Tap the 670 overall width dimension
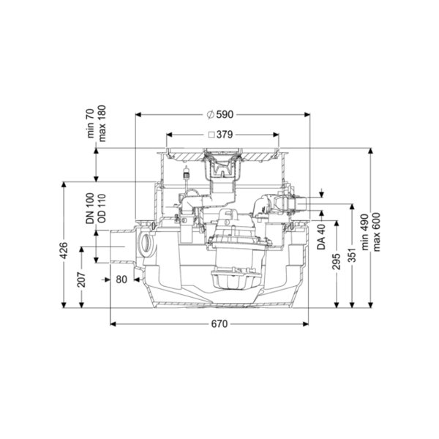219,324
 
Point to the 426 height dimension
64,250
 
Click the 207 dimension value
81,279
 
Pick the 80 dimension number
121,279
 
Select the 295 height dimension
337,261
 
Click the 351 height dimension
352,255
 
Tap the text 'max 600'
377,232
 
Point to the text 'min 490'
365,232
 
